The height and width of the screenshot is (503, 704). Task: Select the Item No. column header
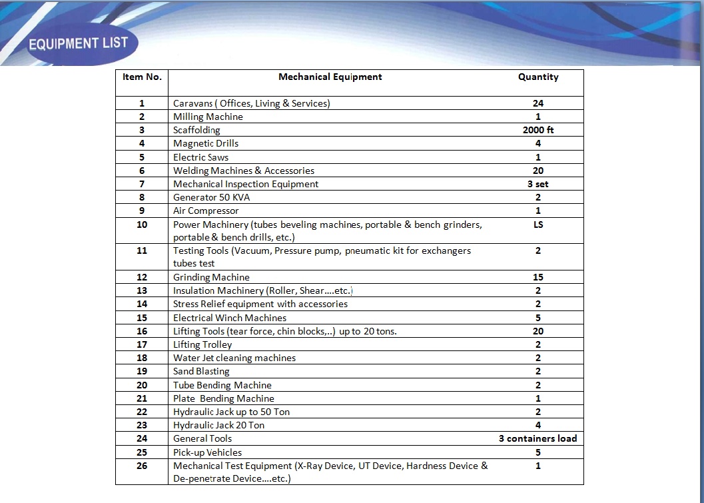(x=142, y=77)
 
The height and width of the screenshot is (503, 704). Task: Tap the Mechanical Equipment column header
(x=330, y=77)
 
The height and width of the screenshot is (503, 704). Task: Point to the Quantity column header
(x=538, y=77)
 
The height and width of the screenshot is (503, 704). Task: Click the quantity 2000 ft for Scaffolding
(x=538, y=130)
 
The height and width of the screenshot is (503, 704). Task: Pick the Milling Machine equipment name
(x=208, y=117)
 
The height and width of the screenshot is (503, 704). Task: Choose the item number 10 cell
(x=142, y=225)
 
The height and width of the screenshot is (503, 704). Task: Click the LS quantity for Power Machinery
(x=538, y=225)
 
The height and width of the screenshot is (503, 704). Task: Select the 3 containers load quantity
(x=538, y=438)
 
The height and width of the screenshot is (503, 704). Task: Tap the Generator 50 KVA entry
(x=212, y=197)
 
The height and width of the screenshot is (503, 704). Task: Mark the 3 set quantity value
(x=538, y=184)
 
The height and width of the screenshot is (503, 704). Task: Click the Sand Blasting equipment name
(x=201, y=371)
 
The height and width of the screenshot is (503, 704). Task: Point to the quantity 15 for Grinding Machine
(x=538, y=277)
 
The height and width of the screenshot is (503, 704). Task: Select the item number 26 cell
(x=142, y=466)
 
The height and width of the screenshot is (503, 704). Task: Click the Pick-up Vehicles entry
(x=207, y=452)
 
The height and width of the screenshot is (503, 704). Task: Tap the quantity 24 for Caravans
(x=538, y=103)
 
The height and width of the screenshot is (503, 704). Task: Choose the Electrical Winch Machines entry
(x=230, y=318)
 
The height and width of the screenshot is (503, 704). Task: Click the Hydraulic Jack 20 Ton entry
(x=218, y=425)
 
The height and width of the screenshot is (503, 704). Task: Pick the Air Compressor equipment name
(x=206, y=211)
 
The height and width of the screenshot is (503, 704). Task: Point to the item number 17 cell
(x=142, y=344)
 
